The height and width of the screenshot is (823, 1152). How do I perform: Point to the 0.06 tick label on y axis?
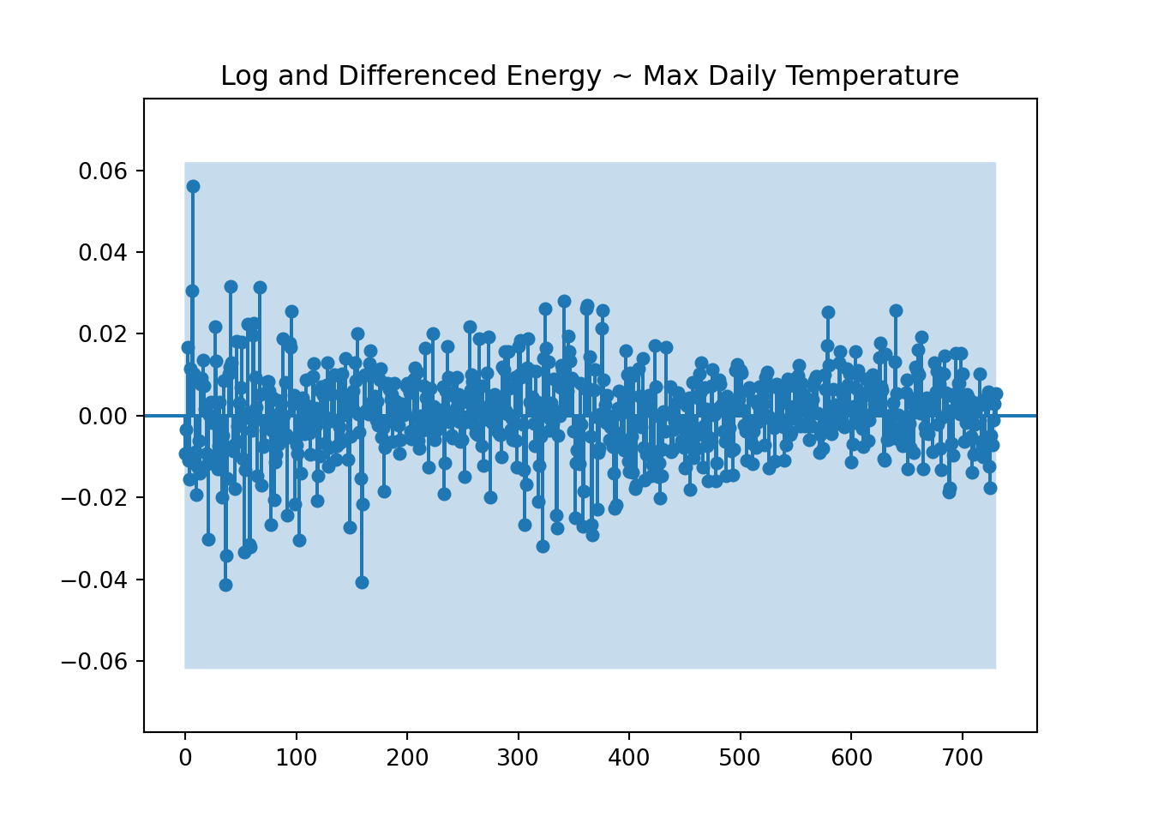pos(103,171)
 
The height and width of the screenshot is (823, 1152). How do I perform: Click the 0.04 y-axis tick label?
pos(103,253)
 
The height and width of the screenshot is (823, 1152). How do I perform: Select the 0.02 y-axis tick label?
pos(103,334)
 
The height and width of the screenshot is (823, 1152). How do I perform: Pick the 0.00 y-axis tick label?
pos(103,417)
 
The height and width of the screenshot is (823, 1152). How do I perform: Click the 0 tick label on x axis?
pos(185,758)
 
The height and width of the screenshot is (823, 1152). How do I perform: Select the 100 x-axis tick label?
pos(296,758)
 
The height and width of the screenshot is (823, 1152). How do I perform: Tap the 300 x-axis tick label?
pos(518,758)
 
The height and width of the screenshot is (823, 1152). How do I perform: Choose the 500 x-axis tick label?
pos(740,758)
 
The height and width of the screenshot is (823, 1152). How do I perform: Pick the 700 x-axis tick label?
pos(962,758)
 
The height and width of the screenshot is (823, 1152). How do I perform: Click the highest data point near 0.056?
pos(193,186)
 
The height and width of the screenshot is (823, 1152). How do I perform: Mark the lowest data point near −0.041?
pos(225,585)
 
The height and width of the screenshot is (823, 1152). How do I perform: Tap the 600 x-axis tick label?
pos(851,758)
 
